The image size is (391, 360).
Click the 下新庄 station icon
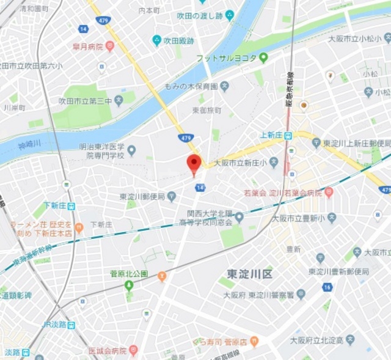click(x=71, y=206)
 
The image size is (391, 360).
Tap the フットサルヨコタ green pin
click(x=264, y=58)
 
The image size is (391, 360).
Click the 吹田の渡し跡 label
click(x=199, y=15)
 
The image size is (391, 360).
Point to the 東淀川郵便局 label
click(x=142, y=197)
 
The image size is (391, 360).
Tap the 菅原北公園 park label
click(x=128, y=273)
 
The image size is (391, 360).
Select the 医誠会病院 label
click(x=108, y=351)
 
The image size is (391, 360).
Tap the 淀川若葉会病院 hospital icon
click(x=329, y=193)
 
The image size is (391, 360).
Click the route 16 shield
click(x=328, y=287)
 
